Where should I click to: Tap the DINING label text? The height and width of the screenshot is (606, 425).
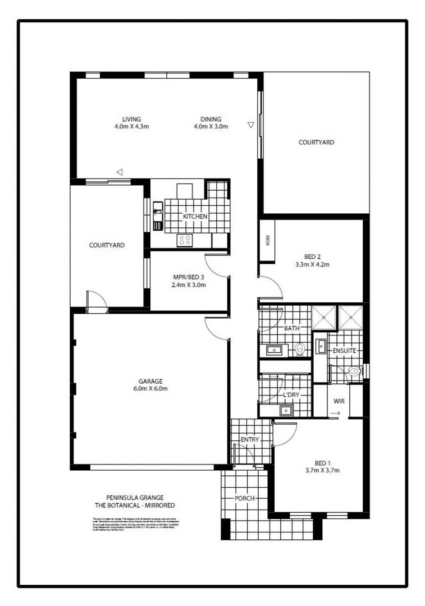pos(211,119)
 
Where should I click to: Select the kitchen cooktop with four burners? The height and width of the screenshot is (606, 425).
pos(185,240)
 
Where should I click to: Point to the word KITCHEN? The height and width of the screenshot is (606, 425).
pos(195,217)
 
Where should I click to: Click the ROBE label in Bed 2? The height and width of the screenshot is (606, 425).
pos(268,241)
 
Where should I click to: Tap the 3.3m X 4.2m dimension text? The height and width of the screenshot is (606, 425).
pos(312,264)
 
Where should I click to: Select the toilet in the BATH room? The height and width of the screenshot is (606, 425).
pos(300,350)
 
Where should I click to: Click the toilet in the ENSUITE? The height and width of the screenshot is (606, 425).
pos(353,371)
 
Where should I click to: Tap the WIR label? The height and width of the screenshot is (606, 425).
pos(339,402)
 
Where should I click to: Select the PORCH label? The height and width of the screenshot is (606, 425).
pos(245,498)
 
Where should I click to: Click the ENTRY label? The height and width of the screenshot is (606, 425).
pos(250,439)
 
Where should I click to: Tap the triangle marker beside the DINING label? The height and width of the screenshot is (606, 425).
pos(250,125)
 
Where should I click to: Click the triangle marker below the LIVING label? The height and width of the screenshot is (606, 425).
pos(119,171)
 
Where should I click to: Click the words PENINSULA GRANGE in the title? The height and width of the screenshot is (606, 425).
pos(129,497)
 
